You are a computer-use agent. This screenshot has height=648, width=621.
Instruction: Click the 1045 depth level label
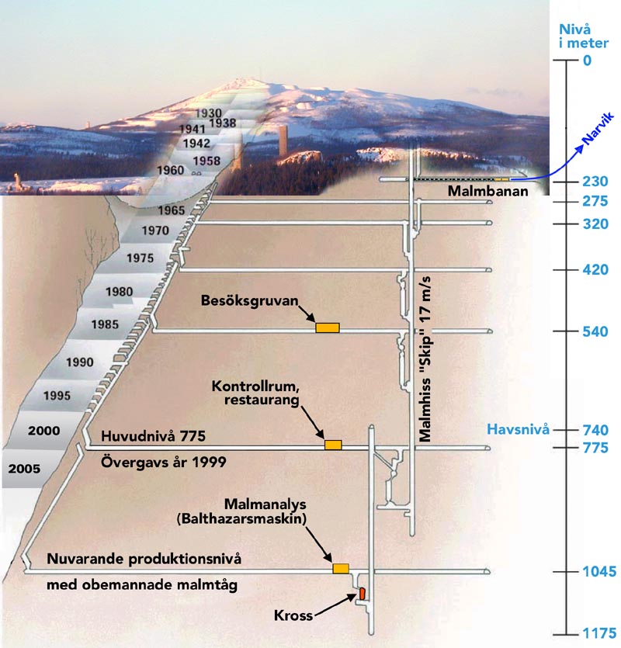coord(601,573)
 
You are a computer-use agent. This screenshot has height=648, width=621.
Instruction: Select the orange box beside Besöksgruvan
coord(328,327)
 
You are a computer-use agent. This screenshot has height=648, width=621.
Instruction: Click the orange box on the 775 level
coord(333,445)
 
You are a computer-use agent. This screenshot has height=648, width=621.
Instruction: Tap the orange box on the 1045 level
coord(341,569)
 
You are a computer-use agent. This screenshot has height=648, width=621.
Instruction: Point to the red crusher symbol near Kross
coord(361,594)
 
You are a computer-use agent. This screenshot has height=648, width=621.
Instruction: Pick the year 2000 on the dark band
coord(43,429)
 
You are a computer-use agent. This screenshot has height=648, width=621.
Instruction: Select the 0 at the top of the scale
coord(587,60)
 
